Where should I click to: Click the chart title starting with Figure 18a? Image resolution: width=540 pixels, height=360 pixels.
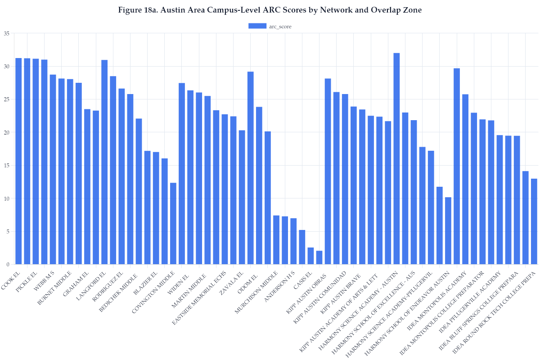pos(270,10)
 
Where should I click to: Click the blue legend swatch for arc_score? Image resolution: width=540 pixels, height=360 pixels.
pos(257,26)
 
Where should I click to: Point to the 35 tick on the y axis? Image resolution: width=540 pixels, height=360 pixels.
pos(6,33)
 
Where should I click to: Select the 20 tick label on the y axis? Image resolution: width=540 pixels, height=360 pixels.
pos(6,132)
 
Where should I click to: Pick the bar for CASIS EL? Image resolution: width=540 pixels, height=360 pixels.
pos(310,256)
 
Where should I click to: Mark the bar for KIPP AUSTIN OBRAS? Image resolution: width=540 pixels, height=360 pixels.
pos(328,171)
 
